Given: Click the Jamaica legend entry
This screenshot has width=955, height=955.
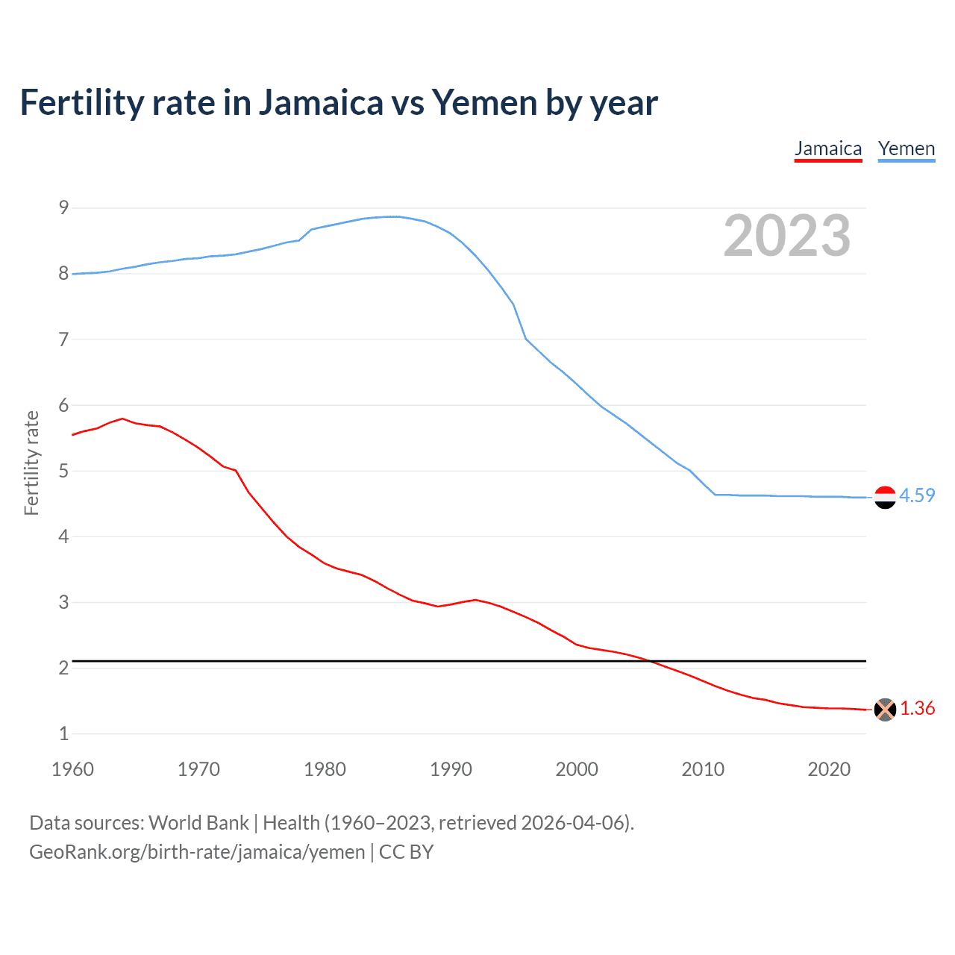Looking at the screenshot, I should coord(828,148).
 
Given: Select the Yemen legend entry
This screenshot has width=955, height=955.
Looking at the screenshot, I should coord(906,148).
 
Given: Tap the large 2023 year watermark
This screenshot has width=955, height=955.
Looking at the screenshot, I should coord(787,236).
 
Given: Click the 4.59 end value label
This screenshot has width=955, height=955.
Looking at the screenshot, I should coord(917,495).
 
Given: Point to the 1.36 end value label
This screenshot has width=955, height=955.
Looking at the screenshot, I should coord(917,708).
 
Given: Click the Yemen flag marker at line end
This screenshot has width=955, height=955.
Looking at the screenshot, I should coord(885,497).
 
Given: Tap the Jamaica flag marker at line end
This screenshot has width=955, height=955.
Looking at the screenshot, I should coord(885,710).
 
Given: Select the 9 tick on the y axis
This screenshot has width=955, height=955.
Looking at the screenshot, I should coord(63,207).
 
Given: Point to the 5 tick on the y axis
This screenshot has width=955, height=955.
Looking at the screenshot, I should coord(63,471).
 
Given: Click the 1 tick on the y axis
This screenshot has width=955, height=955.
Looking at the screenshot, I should coord(63,733).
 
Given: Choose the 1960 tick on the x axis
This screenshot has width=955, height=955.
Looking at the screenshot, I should coord(72,769).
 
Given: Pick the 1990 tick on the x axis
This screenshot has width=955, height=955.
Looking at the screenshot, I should coord(451,769).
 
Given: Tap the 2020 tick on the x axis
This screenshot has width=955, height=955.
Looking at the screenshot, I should coord(829,769).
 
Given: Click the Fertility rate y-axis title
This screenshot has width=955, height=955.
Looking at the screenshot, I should coord(31,463).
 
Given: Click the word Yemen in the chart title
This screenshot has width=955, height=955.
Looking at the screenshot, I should coord(484,103).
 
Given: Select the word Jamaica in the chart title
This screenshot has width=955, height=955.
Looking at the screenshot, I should coord(321,103).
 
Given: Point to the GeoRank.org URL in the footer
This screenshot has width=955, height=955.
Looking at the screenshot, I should coord(197,852).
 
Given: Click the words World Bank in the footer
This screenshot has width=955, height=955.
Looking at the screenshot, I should coord(198,823).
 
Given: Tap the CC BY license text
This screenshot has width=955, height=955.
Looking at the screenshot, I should coord(406,852).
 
